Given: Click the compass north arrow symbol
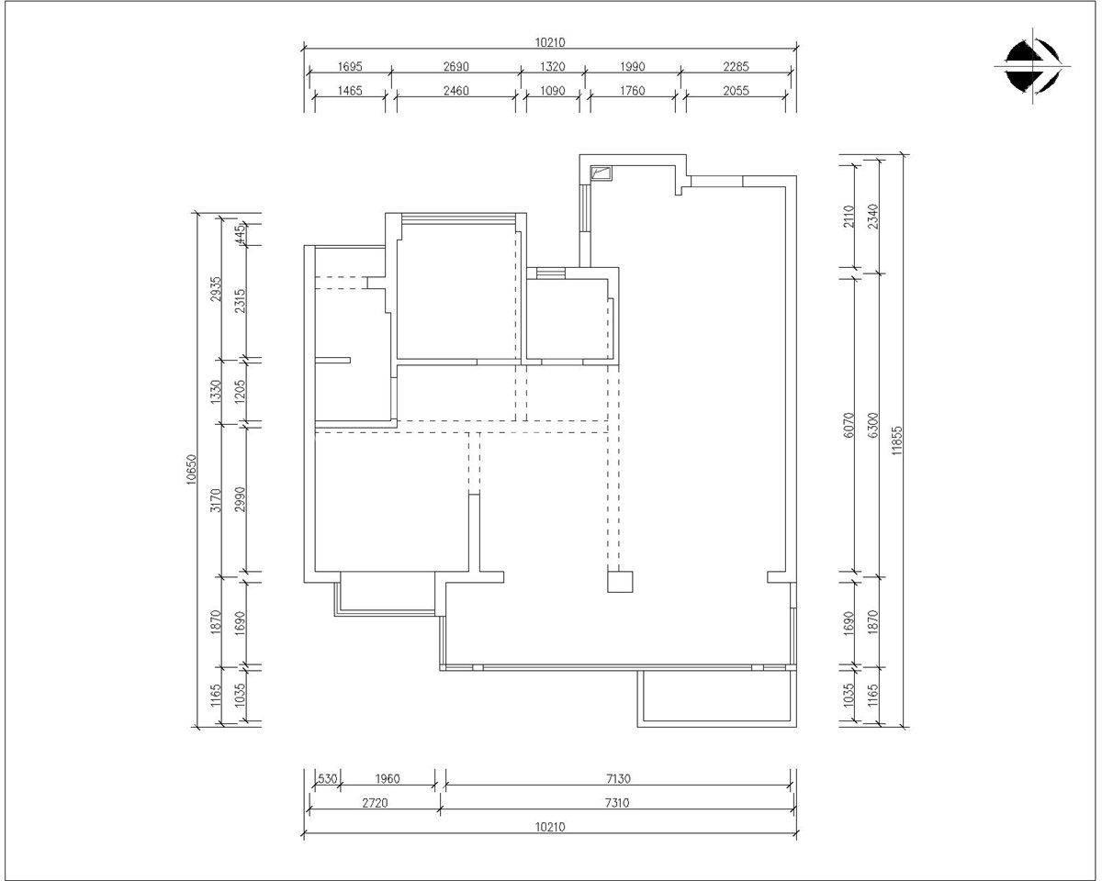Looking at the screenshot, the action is coord(1032,67).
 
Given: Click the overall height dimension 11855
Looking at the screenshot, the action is coord(896,440).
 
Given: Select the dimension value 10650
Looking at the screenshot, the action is coord(191,469).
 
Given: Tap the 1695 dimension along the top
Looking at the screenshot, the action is coord(350,67).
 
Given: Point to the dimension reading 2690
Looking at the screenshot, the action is coord(455,67).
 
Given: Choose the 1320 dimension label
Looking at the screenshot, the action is coord(553,67).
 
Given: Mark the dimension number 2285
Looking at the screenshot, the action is coord(736,67).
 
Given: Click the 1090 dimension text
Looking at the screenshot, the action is coord(553,91).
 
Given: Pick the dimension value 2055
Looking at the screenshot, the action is coord(736,91).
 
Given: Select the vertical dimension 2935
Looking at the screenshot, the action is coord(216,289).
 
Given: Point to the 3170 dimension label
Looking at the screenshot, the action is coord(216,500).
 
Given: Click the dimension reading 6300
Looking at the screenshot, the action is coord(872,425).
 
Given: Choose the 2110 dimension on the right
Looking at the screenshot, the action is coord(849,217).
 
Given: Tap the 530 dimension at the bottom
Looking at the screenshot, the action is coord(328,778).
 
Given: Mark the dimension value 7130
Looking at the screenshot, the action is coord(618,778).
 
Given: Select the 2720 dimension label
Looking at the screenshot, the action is coord(375,803).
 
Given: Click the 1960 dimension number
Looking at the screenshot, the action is coord(388,778).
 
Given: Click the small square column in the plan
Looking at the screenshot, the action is coord(620,582).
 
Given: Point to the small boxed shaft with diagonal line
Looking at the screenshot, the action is coord(602,173).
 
